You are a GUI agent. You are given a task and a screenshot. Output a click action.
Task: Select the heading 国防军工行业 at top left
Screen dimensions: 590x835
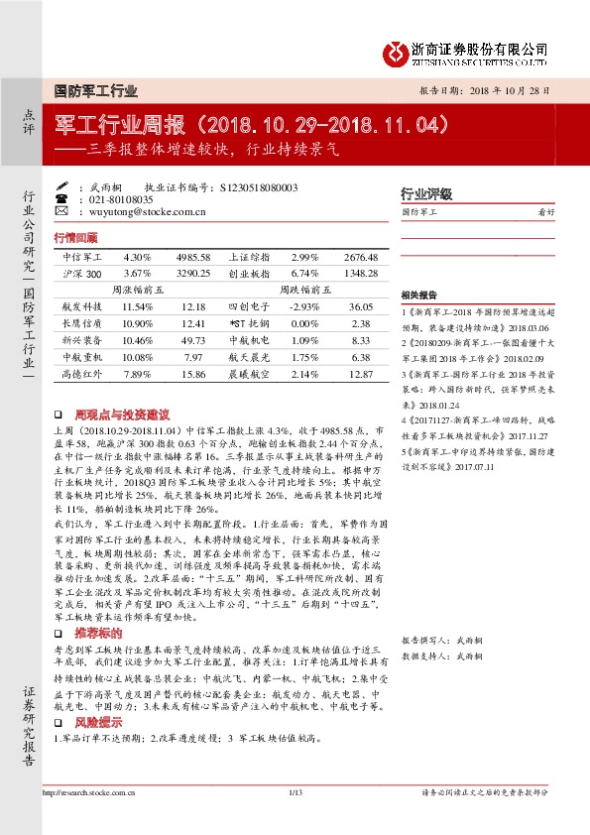coord(95,90)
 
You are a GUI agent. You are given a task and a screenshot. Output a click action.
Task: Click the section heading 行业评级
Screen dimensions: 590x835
coord(425,193)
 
